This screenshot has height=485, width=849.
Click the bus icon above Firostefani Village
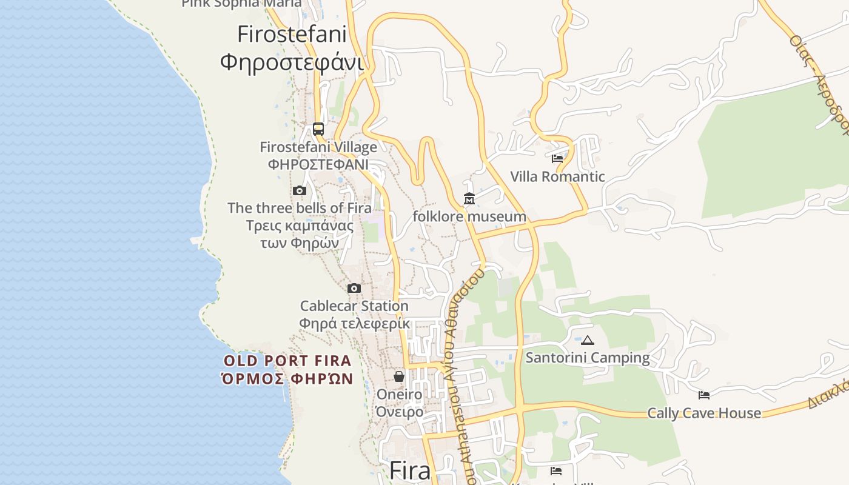click(318, 129)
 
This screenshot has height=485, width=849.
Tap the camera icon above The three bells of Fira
click(299, 190)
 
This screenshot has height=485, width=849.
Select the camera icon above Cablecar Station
click(354, 288)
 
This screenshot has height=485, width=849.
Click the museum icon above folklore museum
click(469, 198)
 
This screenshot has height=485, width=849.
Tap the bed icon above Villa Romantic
click(557, 159)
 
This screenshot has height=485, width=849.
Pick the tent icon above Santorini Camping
click(587, 340)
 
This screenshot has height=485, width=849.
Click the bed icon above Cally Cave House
click(703, 395)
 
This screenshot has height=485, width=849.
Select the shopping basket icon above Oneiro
click(399, 376)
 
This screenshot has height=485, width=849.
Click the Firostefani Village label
click(318, 147)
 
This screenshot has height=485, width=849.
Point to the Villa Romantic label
click(557, 177)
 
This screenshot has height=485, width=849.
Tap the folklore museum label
click(469, 216)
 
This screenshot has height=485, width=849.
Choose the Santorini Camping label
click(587, 358)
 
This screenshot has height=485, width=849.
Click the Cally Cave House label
click(703, 413)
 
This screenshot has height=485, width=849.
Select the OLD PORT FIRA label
click(287, 361)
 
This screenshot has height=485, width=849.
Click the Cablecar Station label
click(354, 306)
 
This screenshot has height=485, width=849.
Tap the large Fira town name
click(410, 470)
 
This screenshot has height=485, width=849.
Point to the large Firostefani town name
click(292, 34)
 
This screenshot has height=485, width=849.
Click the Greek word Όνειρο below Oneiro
click(399, 412)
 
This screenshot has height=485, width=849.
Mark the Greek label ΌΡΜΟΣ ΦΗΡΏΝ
click(287, 380)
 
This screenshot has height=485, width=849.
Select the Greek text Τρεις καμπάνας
click(300, 226)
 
